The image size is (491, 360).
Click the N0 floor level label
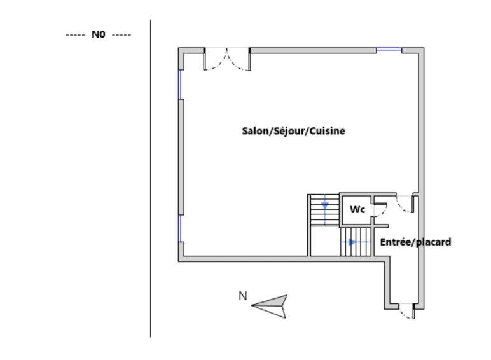point(98,35)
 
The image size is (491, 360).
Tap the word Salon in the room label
point(256,131)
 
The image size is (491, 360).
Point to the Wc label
point(357,209)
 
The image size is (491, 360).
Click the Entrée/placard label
point(415,242)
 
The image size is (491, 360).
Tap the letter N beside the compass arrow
point(242,295)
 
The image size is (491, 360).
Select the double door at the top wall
point(227,59)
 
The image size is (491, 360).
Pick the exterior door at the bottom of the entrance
point(405,312)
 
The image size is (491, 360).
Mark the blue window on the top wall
point(389,50)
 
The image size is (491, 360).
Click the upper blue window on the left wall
point(180,84)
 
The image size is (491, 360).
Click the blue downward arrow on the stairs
point(325,206)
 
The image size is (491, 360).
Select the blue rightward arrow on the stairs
point(351,242)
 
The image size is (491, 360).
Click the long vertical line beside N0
point(151,178)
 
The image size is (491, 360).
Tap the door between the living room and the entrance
point(404,204)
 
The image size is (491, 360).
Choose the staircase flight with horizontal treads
point(324,211)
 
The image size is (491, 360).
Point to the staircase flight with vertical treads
point(356,242)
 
